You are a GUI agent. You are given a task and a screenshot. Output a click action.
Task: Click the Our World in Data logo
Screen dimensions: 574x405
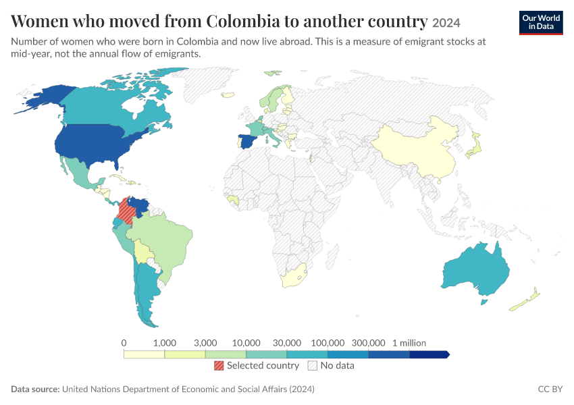[x=541, y=23]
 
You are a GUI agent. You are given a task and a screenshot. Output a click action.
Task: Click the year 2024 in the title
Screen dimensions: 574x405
[x=446, y=23]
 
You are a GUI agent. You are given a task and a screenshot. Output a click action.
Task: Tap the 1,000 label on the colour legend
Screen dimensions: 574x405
[x=164, y=343]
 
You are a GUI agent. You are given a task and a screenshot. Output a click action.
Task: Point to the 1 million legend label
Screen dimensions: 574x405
[x=409, y=343]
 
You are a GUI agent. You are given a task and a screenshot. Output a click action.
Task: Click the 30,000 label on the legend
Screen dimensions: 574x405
[x=286, y=343]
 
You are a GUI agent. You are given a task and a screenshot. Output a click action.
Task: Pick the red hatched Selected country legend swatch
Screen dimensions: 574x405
[x=219, y=365]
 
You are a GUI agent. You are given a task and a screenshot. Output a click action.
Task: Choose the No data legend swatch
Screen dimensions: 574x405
[x=312, y=365]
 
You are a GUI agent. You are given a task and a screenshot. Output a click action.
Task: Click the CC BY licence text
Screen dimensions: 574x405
[x=550, y=389]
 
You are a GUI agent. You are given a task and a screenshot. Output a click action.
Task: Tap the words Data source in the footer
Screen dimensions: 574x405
[x=35, y=389]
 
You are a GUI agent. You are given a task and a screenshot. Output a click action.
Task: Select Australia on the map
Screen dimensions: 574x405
[x=475, y=270]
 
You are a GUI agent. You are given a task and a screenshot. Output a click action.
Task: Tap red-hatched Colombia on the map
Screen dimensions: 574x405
[x=126, y=211]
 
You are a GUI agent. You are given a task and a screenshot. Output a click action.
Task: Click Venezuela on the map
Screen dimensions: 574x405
[x=140, y=206]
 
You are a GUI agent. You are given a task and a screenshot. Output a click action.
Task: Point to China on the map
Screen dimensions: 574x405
[x=417, y=151]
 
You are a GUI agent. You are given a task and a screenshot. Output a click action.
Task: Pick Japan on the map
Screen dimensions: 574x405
[x=475, y=146]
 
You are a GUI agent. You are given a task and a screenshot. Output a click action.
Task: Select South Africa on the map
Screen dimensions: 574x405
[x=292, y=277]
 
